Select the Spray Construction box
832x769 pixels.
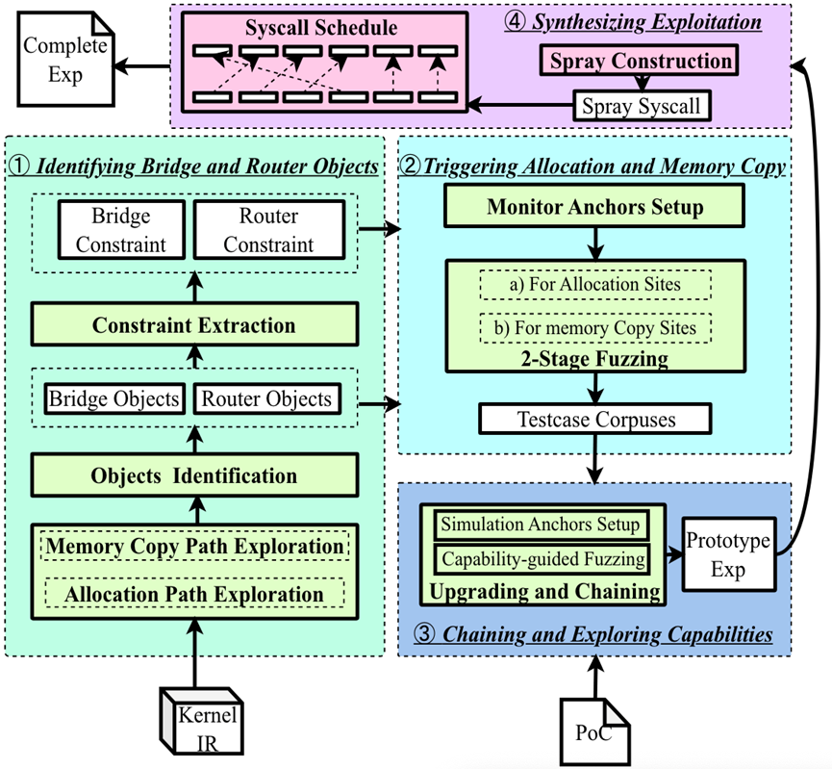pos(639,62)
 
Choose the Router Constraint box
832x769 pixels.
pos(268,230)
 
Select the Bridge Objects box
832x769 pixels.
pos(113,399)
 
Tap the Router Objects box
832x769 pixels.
pos(267,399)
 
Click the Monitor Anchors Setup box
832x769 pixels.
pos(594,206)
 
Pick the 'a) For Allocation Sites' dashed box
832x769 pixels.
pos(594,285)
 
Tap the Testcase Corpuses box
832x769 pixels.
pos(594,420)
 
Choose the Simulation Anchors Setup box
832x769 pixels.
pos(541,525)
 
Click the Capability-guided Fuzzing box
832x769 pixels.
pos(541,557)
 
